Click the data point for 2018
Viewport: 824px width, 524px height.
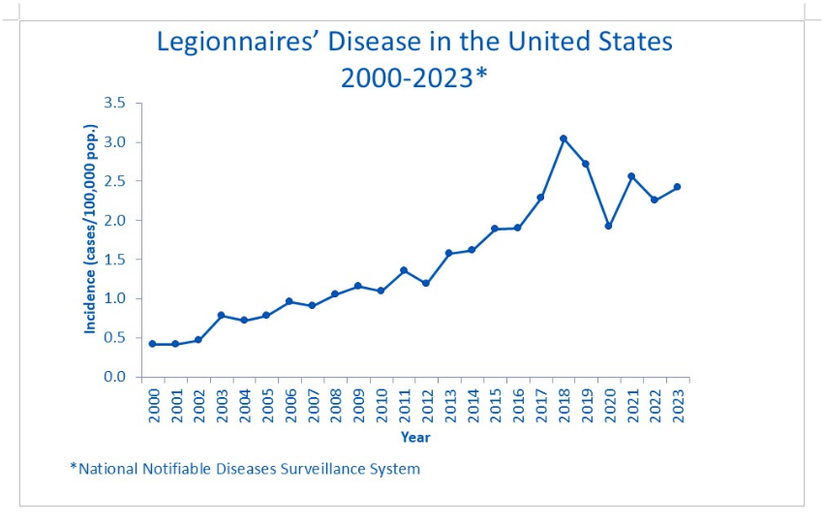coord(563,139)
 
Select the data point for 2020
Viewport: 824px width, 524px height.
coord(608,226)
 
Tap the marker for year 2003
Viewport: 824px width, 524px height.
coord(221,315)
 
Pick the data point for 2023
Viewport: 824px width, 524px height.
coord(677,187)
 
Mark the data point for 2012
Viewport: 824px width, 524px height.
coord(425,283)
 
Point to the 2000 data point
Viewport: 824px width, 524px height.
coord(152,344)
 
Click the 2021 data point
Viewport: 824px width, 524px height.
coord(631,176)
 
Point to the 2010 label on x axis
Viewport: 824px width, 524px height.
coord(381,405)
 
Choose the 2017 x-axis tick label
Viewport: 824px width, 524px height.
coord(540,405)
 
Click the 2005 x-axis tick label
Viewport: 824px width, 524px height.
coord(267,405)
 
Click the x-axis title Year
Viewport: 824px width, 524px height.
coord(415,438)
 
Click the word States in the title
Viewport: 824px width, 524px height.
coord(626,44)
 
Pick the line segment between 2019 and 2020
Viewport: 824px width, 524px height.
coord(596,195)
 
